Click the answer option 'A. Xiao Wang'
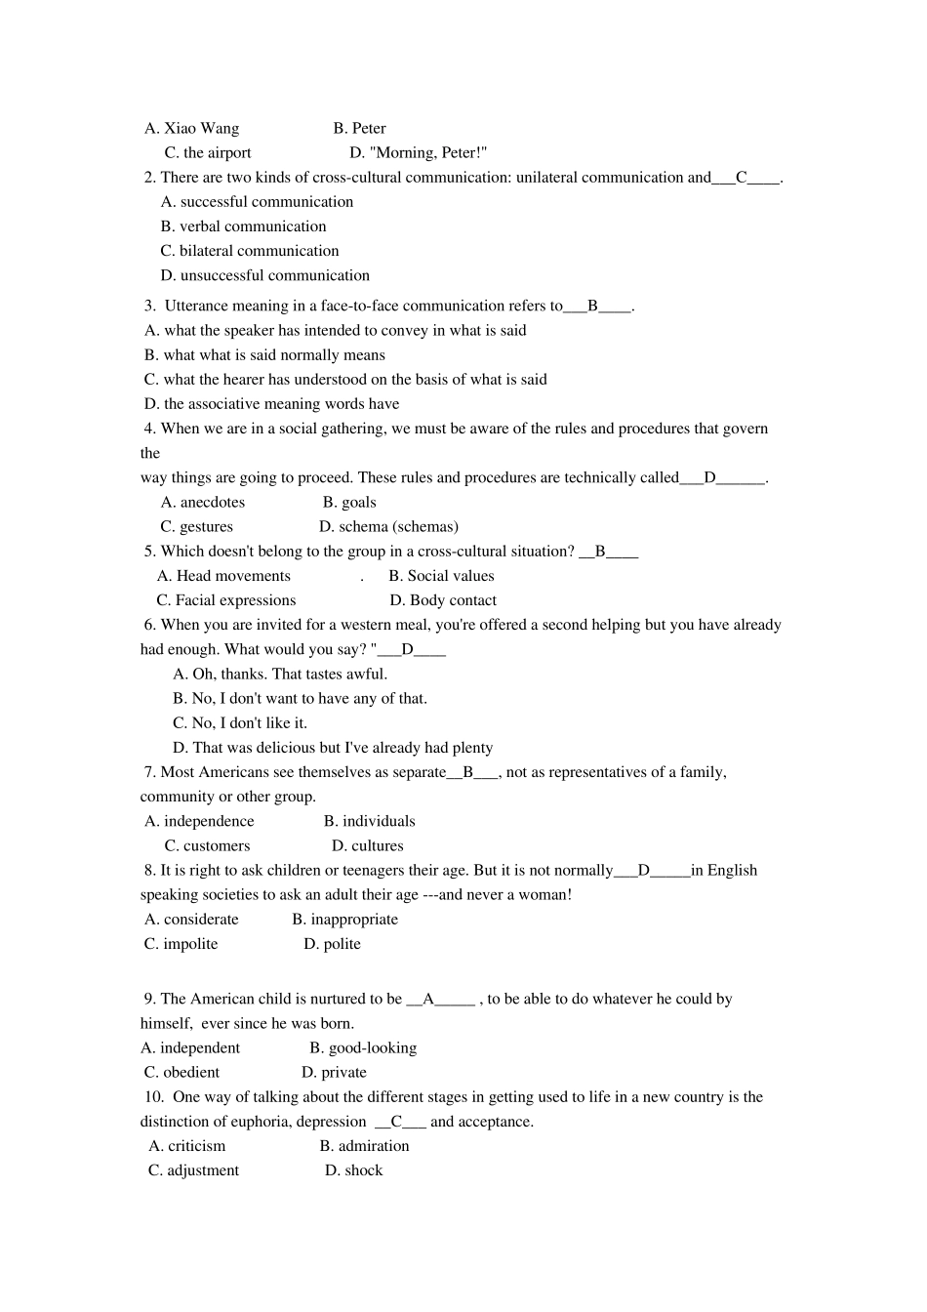tap(192, 128)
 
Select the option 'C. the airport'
tap(208, 152)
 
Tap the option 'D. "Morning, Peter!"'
tap(418, 152)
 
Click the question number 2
tap(149, 178)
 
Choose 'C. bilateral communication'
tap(250, 251)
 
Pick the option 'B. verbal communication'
tap(244, 226)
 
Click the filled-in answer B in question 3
tap(592, 306)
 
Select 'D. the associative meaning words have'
tap(271, 404)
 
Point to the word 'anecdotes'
tap(213, 503)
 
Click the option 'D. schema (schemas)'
tap(388, 527)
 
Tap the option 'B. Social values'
tap(441, 576)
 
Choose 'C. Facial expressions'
tap(226, 600)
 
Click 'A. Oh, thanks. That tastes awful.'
tap(280, 675)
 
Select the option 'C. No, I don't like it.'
tap(240, 723)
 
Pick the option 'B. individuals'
tap(370, 822)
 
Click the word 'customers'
tap(217, 846)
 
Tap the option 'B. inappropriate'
tap(345, 920)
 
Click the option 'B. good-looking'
tap(363, 1048)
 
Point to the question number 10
tap(153, 1097)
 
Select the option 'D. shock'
tap(353, 1170)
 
